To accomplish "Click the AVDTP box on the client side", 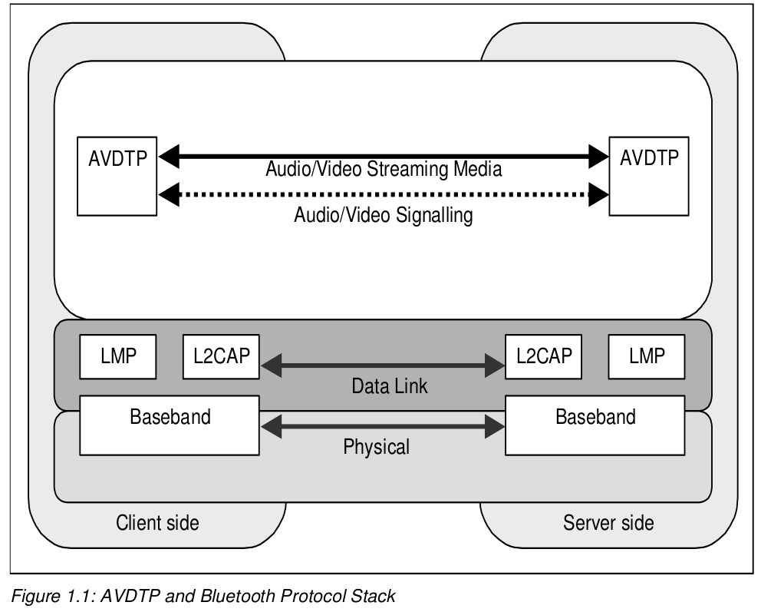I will click(117, 175).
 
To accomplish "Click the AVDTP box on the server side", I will click(647, 175).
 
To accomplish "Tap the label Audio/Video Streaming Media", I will click(384, 170).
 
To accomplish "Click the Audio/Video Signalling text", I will click(384, 216).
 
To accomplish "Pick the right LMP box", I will click(647, 356).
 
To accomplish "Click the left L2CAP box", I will click(221, 356).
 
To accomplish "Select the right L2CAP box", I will click(543, 356).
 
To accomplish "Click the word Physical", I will click(377, 446).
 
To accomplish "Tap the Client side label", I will click(157, 524).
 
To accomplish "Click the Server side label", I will click(608, 524).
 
